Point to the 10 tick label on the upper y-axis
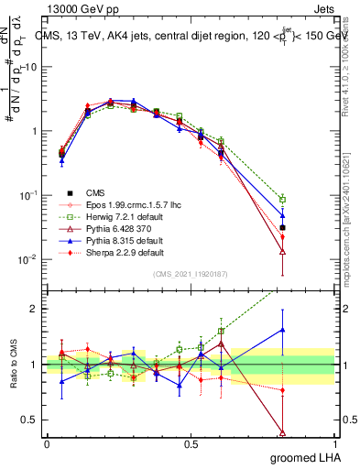[30, 67]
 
